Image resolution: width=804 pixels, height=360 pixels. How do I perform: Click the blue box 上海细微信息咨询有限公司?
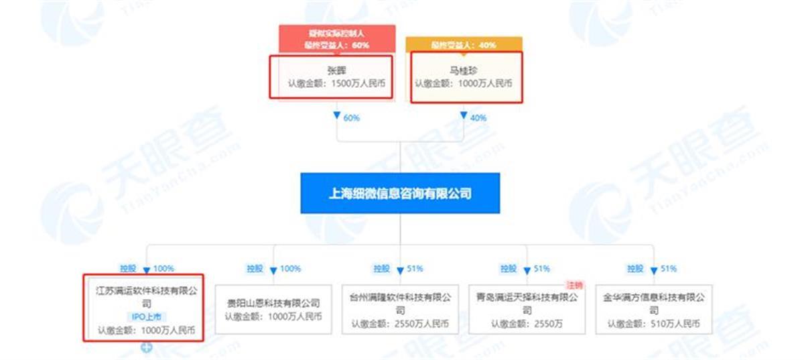(x=400, y=194)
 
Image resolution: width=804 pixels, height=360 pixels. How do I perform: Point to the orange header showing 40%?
(x=464, y=45)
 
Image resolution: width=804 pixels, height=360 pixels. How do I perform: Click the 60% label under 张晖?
(x=351, y=118)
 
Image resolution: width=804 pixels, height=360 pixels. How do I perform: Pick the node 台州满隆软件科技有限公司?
(x=400, y=296)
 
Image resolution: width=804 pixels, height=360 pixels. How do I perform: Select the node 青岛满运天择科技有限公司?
(x=527, y=296)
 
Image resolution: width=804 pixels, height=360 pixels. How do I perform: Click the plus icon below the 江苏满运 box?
(x=145, y=347)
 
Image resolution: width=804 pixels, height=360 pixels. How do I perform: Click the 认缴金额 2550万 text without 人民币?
(x=527, y=324)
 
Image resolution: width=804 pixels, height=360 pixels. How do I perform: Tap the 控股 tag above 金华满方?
(x=634, y=269)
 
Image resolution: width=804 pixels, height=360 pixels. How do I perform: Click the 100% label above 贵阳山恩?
(x=289, y=269)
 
